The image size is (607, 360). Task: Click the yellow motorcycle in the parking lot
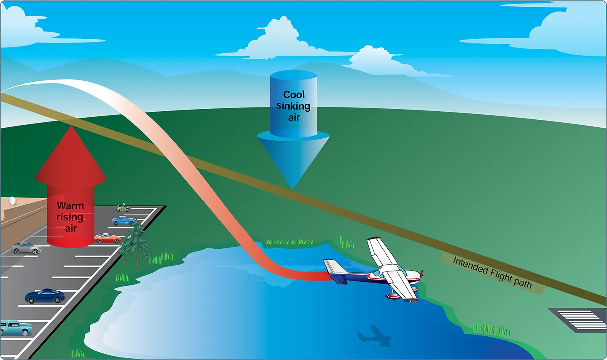(x=123, y=208)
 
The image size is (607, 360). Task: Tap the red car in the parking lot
(x=107, y=239)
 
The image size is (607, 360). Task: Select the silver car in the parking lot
(x=26, y=248)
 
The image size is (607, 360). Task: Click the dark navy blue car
(x=45, y=296)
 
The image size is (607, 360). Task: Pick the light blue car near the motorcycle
(x=124, y=220)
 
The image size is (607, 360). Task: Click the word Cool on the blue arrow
(x=294, y=94)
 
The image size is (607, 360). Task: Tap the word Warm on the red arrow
(x=70, y=206)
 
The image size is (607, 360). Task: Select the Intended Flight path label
(x=492, y=273)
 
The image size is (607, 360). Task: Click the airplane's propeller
(x=421, y=274)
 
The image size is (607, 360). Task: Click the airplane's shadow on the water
(x=374, y=336)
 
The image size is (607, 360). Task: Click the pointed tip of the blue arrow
(x=293, y=189)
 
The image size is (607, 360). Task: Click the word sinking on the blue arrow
(x=293, y=106)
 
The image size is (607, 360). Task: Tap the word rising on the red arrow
(x=70, y=217)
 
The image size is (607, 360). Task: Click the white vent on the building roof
(x=11, y=201)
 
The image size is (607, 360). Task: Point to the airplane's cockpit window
(x=378, y=273)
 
